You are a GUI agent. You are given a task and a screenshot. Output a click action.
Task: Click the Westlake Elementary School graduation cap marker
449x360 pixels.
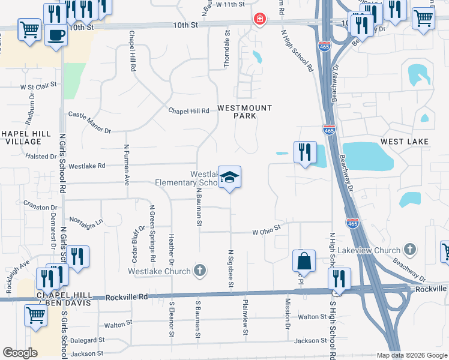[229, 178]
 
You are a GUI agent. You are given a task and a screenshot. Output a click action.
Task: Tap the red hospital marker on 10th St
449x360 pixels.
[259, 19]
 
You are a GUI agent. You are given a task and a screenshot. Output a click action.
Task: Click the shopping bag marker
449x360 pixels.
[304, 261]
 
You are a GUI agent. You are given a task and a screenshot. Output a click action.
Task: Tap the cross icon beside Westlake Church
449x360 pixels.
[200, 271]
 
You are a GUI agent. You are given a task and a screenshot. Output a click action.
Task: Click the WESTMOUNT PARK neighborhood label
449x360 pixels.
[244, 112]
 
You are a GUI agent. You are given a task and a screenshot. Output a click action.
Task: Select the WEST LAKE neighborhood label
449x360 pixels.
[405, 141]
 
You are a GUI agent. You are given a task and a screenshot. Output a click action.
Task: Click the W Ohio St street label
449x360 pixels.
[267, 231]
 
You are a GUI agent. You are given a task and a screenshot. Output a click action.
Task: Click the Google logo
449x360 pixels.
[20, 353]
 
